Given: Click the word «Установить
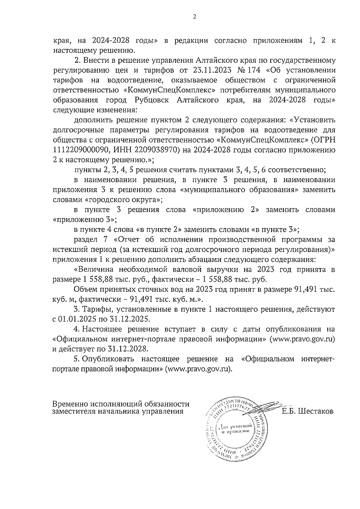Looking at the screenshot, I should [312, 120].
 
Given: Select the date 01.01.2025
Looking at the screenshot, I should [78, 318].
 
